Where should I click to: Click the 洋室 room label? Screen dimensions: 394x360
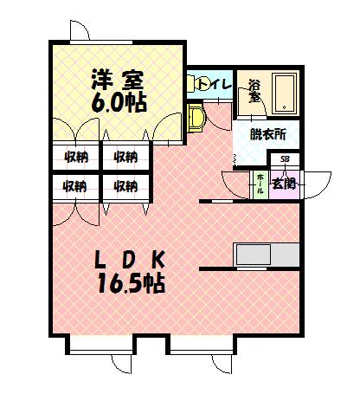118,79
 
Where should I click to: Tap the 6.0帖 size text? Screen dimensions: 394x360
118,102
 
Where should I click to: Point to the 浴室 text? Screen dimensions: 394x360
254,91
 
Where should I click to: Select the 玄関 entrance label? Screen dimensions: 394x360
284,183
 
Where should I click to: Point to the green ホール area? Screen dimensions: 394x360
260,184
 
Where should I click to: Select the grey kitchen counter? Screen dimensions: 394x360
266,255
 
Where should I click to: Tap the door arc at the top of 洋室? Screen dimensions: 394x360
80,29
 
